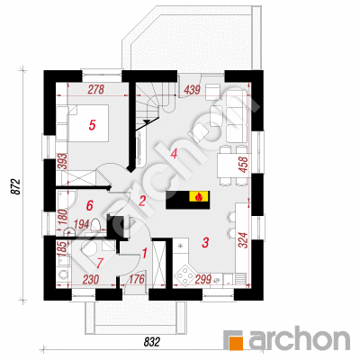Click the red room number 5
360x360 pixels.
[92, 125]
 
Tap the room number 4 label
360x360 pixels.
[174, 154]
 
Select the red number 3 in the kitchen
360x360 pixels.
[205, 242]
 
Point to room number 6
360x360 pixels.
[89, 205]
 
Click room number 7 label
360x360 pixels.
[99, 263]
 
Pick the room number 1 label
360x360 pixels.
[144, 254]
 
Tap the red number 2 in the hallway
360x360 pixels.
[142, 201]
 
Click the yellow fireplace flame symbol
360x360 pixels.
[198, 197]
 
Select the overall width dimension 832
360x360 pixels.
[152, 342]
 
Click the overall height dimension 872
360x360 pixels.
[16, 187]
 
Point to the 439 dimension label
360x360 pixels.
[192, 90]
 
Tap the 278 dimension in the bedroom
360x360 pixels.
[96, 89]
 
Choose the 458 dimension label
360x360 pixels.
[244, 165]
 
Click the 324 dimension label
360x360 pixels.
[244, 240]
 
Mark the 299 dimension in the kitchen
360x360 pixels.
[203, 279]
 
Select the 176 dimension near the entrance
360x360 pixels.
[136, 279]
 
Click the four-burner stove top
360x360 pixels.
[184, 274]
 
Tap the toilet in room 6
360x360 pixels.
[96, 225]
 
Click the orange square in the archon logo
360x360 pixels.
[236, 343]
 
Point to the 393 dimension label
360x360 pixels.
[64, 162]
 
